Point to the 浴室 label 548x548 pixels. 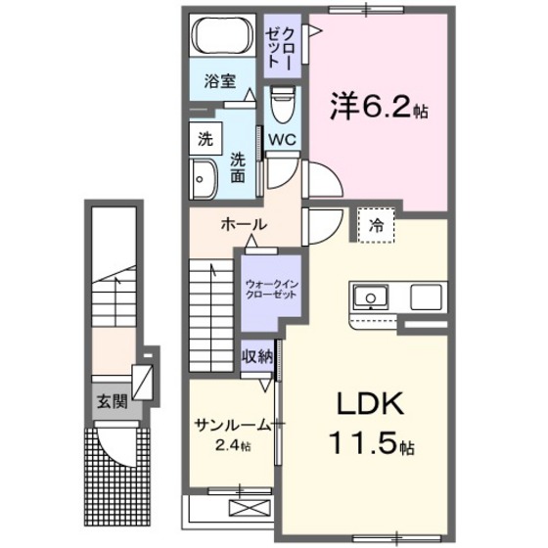point(219,81)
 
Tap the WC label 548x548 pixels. point(283,138)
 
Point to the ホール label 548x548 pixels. point(242,224)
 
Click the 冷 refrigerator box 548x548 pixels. point(376,223)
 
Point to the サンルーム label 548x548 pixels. point(232,425)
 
